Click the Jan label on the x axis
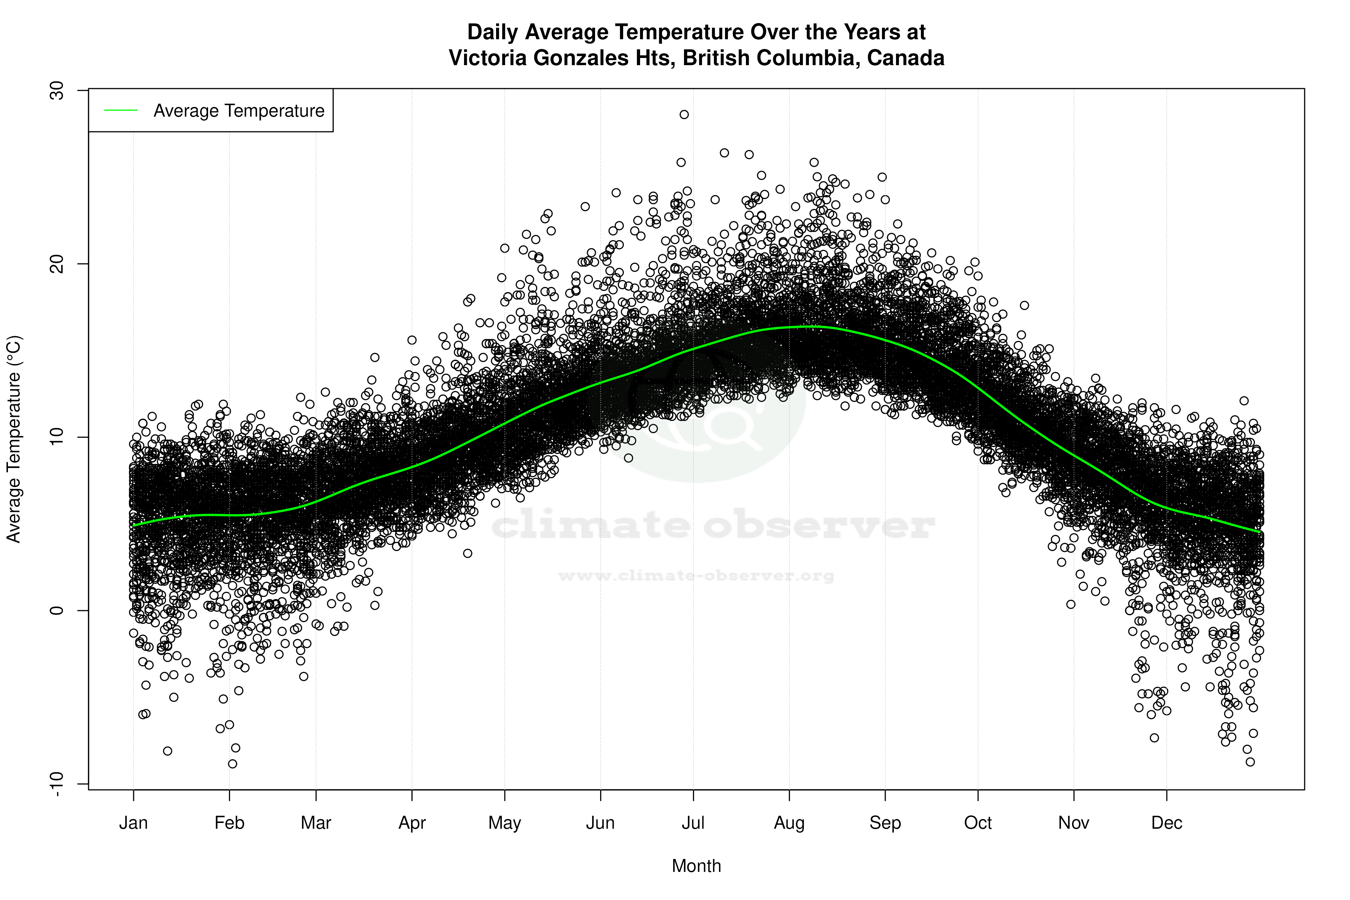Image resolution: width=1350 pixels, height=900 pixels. (x=133, y=823)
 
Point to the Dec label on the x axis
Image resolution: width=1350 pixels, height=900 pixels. (x=1166, y=823)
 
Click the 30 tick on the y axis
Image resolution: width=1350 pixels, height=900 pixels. (x=57, y=91)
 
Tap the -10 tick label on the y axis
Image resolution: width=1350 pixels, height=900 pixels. (x=57, y=784)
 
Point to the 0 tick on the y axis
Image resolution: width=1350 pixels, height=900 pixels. (x=57, y=610)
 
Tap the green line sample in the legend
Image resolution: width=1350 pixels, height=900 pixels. (x=121, y=110)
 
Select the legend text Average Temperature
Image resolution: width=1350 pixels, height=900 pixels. (x=239, y=111)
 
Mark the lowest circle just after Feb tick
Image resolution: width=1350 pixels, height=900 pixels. (x=233, y=764)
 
